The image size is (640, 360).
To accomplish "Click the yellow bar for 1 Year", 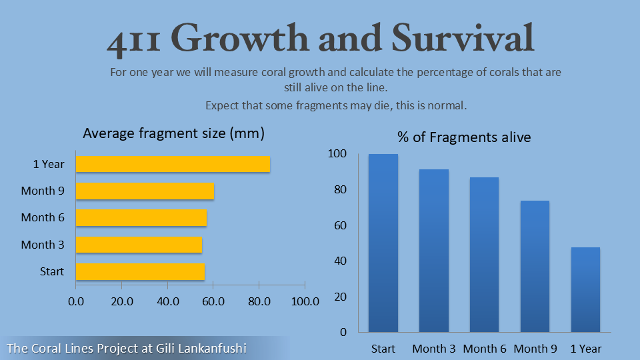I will click(x=173, y=164).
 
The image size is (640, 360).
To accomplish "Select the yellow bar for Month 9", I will click(x=145, y=191).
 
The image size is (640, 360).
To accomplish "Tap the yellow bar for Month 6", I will click(x=141, y=217).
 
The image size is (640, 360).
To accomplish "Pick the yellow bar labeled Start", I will click(x=140, y=271).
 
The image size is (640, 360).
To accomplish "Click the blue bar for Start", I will click(x=383, y=243).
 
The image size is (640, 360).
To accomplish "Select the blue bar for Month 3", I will click(x=434, y=251).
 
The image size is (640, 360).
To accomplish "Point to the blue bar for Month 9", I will click(x=535, y=266).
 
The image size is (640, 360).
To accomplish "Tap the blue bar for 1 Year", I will click(x=585, y=289).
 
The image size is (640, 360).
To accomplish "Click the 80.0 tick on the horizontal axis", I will click(x=259, y=301).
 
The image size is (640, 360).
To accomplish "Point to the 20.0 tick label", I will click(x=122, y=301).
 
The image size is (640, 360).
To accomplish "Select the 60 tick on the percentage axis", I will click(x=340, y=225).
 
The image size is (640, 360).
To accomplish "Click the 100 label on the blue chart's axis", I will click(x=338, y=154).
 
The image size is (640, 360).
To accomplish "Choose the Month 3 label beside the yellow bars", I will click(x=43, y=245).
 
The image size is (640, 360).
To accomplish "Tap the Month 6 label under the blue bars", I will click(x=485, y=349).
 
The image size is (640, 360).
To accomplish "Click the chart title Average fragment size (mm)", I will click(x=174, y=133).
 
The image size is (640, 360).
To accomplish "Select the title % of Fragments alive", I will click(x=464, y=137).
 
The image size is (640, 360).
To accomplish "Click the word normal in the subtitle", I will click(x=449, y=105).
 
